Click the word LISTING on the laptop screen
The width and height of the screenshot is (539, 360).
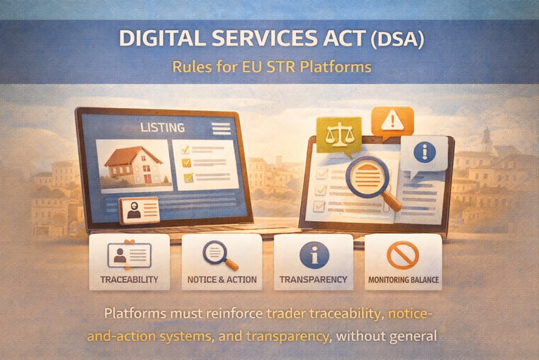pos(163,128)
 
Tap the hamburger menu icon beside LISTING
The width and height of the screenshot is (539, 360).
pos(221,128)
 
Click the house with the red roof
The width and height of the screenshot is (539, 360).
pos(133,165)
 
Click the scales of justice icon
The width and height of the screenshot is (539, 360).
pos(339,135)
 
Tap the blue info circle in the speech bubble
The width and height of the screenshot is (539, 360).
pos(425,152)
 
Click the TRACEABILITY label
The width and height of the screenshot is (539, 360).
pos(129,279)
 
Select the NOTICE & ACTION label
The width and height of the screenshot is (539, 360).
pos(222,279)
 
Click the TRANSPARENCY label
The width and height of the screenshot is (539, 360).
pos(313,279)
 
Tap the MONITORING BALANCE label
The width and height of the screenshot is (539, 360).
pos(404,280)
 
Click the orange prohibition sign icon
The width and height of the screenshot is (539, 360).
pos(403,255)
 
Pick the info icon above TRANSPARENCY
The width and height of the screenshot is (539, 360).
pos(314,255)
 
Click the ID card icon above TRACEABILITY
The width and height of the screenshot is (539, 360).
pos(129,255)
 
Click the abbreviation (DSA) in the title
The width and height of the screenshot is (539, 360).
pos(397,39)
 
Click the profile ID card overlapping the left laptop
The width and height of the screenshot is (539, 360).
pos(139,211)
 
